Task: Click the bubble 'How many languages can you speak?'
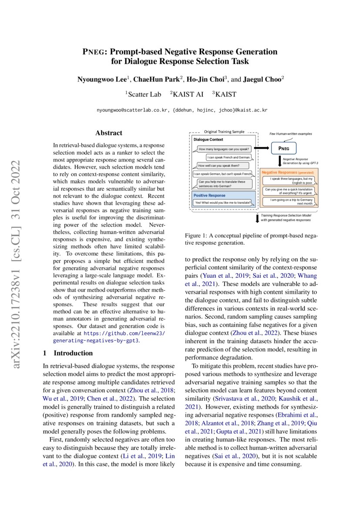point(223,149)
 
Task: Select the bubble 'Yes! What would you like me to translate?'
point(222,202)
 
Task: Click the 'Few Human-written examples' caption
point(291,134)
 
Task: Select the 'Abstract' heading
point(109,133)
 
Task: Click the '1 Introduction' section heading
point(68,353)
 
